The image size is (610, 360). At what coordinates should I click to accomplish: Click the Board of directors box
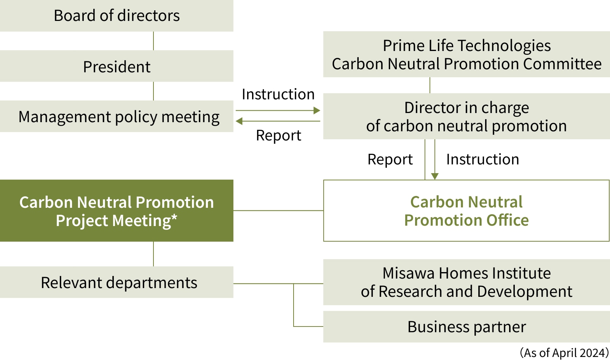117,16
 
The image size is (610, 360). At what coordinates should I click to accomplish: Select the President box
117,66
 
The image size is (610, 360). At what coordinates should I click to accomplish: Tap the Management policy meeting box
117,116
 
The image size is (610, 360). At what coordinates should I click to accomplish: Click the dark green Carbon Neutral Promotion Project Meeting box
117,210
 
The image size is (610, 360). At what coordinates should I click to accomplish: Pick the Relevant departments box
117,282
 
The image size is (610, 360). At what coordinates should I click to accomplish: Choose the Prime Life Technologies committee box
466,54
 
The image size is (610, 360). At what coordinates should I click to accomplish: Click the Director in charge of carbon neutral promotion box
466,116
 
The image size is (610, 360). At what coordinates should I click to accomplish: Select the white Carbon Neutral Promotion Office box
466,210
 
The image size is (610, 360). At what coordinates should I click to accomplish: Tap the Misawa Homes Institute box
466,282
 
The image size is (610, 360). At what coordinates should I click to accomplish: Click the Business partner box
466,327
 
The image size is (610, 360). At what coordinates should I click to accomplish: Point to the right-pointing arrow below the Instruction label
278,110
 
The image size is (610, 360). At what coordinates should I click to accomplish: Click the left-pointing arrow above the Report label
278,121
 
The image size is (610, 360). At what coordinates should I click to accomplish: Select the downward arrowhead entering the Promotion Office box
434,176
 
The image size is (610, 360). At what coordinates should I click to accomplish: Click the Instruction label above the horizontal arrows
278,94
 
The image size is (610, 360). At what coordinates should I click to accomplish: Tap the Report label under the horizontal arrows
279,135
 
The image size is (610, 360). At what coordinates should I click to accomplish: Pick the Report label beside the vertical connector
390,159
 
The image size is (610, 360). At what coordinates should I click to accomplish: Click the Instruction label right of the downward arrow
482,159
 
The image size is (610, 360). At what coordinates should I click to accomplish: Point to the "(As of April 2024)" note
564,353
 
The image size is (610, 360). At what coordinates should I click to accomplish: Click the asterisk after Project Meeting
174,217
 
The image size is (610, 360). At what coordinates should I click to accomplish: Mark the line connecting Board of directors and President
153,41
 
